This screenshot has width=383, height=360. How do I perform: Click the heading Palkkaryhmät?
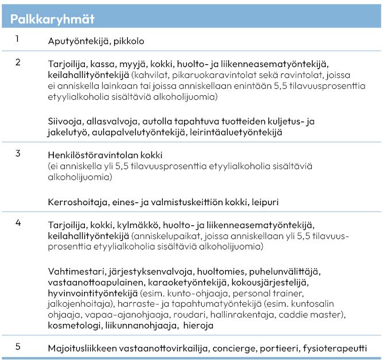pos(53,18)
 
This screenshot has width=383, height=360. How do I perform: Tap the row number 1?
pos(17,39)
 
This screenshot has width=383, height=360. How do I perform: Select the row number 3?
pos(18,153)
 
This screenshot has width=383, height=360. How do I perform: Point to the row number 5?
pos(18,346)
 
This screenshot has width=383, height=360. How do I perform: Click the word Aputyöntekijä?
pos(77,41)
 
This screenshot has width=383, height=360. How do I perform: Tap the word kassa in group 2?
pos(103,64)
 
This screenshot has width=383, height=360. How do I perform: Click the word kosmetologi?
pos(73,326)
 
